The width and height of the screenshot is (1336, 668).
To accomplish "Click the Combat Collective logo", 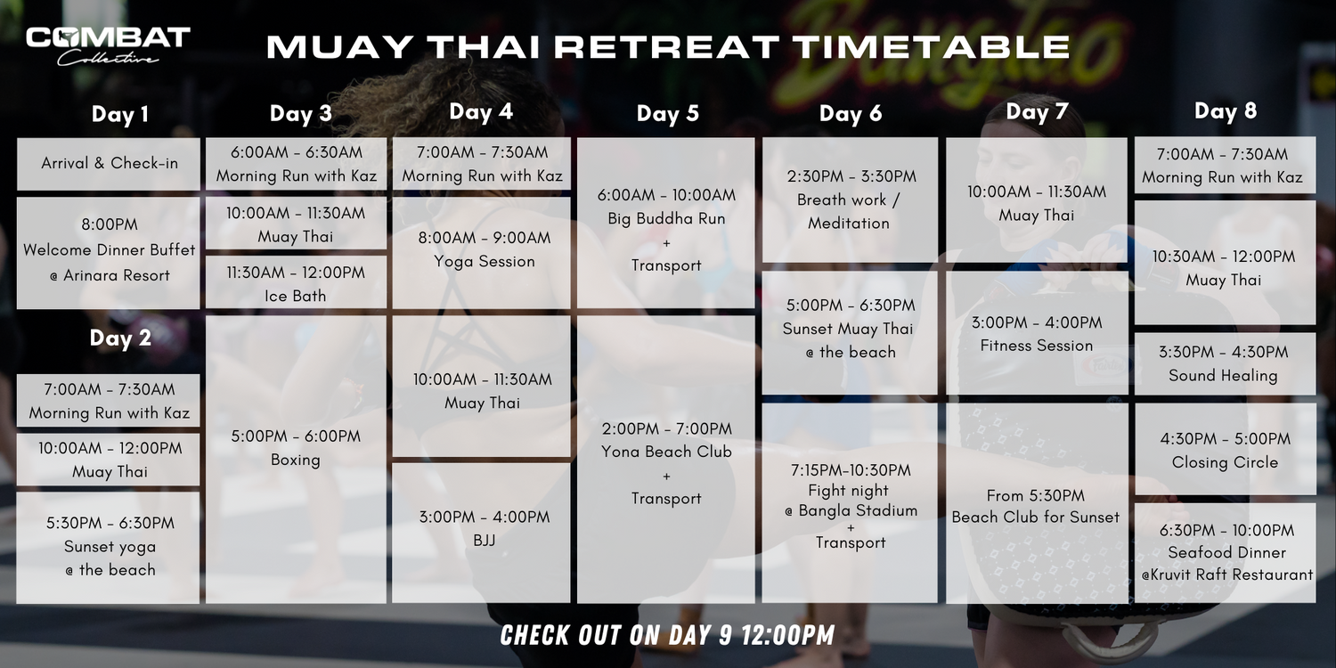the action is (108, 46).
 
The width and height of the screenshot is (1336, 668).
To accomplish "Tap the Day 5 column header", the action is (667, 113).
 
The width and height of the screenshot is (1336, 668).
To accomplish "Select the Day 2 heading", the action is (120, 338).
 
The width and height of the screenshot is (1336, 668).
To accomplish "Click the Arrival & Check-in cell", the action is (109, 164).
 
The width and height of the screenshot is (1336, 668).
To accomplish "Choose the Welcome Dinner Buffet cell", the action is (109, 253).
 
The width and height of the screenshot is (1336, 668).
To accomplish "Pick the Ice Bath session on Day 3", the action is (296, 282).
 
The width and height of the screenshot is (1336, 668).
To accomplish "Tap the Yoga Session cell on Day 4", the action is (481, 253).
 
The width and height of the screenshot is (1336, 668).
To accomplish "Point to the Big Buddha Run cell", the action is (665, 223).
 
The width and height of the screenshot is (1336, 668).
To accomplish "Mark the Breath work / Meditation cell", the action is (850, 200).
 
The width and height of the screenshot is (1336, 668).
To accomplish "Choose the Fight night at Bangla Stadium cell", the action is (850, 503).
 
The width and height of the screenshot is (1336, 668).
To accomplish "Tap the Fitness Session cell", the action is (1037, 333).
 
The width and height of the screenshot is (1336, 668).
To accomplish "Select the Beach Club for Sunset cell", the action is (1037, 503).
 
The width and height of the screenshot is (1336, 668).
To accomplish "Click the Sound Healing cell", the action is (1225, 363).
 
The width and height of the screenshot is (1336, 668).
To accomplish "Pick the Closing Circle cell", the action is (1225, 449).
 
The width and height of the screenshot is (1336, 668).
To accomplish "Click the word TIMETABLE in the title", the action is (933, 46).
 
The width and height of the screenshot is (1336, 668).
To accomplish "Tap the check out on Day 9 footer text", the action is (667, 635).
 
